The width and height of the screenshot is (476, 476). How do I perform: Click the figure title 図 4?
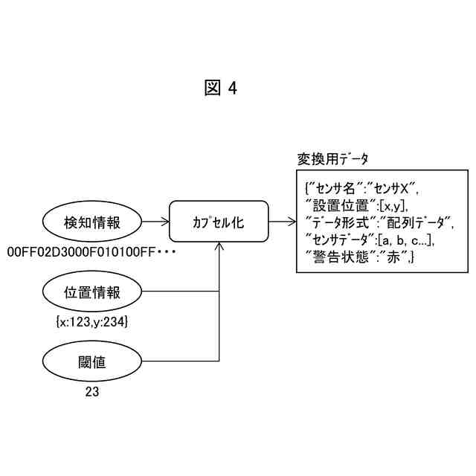point(221,89)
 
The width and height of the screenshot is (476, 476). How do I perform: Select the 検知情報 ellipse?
point(92,222)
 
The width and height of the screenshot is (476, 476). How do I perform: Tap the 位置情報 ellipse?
point(92,292)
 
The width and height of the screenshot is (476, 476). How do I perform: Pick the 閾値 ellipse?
point(92,362)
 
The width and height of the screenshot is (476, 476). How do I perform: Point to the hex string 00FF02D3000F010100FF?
point(80,252)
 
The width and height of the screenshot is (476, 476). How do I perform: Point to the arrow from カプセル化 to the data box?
point(281,222)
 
